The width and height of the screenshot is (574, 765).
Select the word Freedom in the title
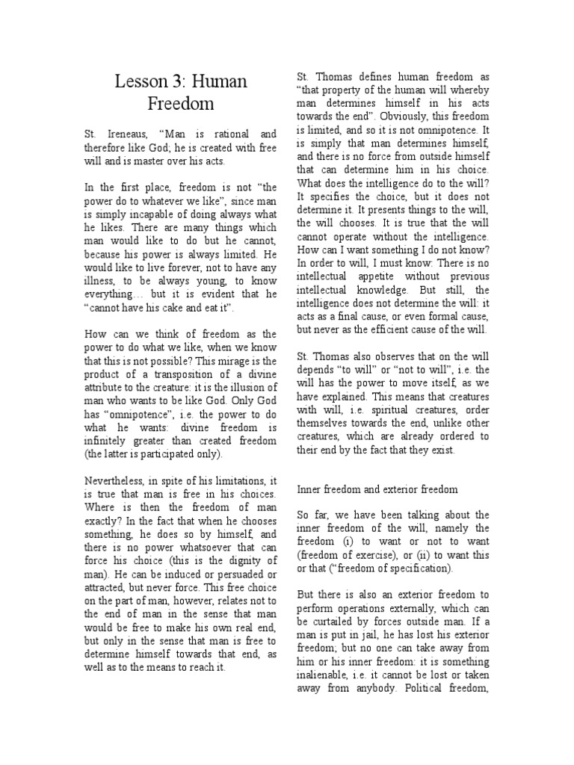pos(180,103)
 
